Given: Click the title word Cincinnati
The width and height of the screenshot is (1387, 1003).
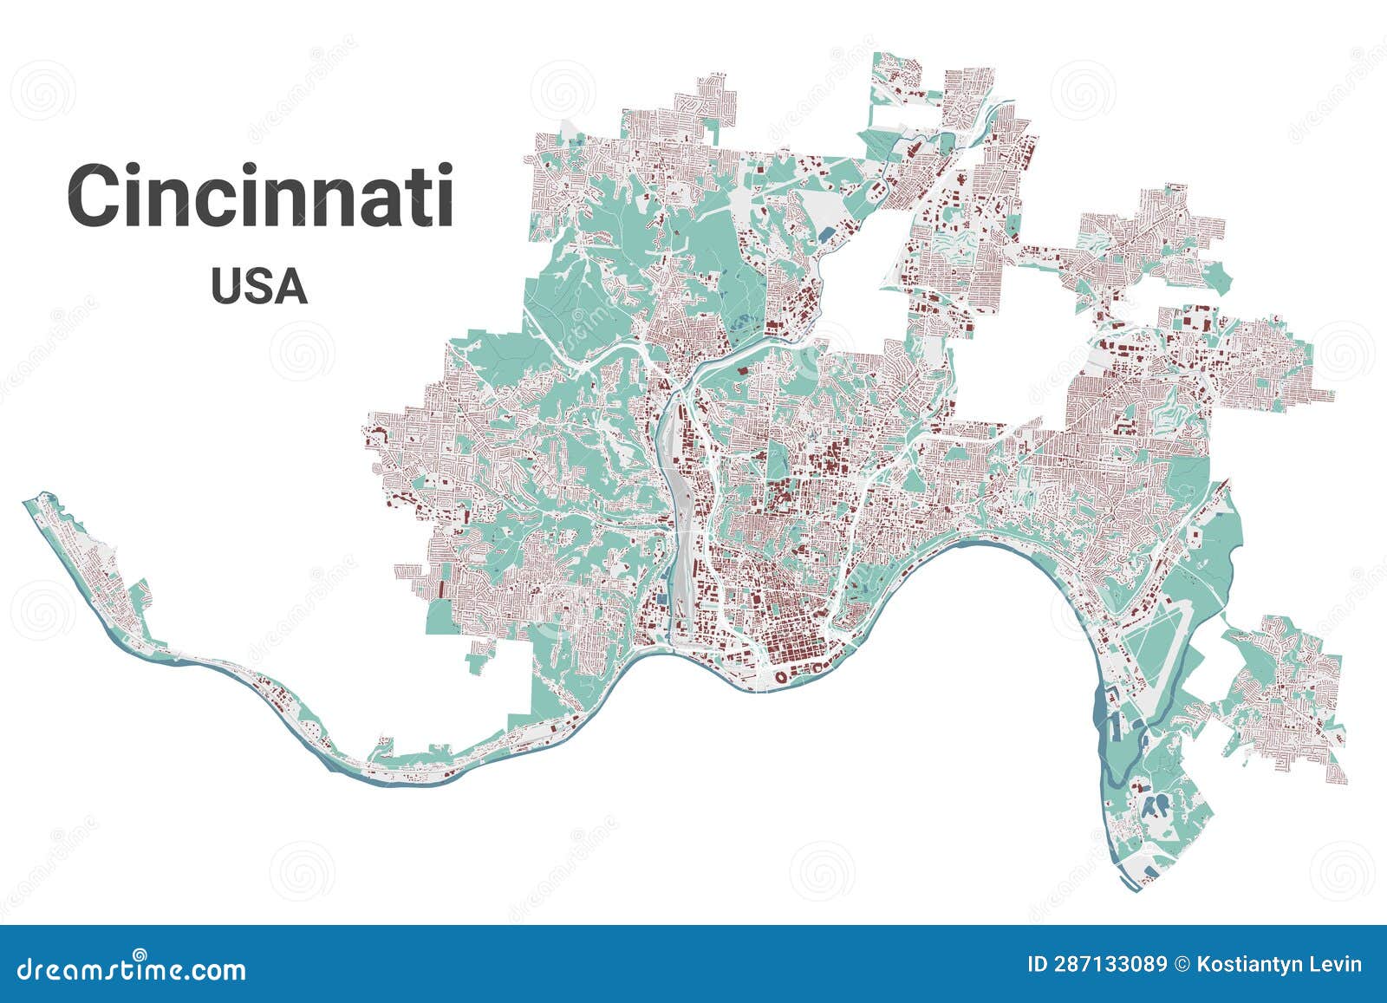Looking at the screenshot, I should coord(260,196).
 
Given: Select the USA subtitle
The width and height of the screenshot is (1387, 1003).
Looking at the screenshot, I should coord(258,287).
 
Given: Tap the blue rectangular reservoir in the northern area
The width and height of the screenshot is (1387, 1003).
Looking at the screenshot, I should coord(824,234).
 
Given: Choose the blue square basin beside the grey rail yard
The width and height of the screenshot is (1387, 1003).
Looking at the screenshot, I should coord(663,597).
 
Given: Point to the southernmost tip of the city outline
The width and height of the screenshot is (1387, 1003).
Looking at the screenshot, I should coord(1134,889).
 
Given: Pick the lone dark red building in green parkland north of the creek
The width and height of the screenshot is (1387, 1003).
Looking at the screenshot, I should coord(743,371).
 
